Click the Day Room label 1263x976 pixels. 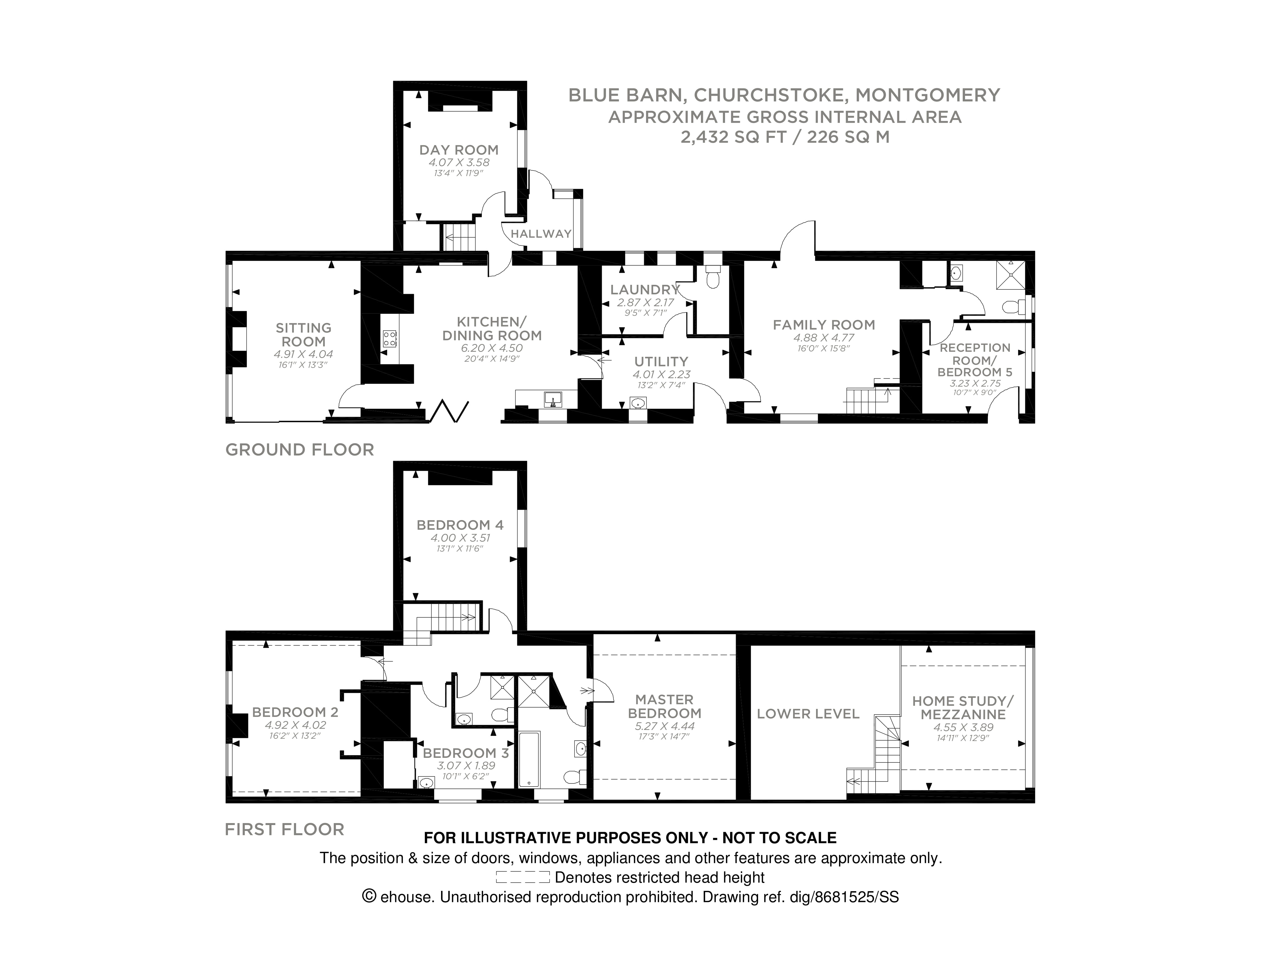tap(459, 150)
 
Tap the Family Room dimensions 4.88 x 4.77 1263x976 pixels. tap(824, 338)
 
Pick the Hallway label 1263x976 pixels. tap(541, 234)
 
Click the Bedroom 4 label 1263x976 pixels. tap(460, 525)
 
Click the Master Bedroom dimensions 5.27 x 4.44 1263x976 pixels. tap(665, 726)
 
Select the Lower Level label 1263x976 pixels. tap(808, 714)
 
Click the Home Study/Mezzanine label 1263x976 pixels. tap(963, 708)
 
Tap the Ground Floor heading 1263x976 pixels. tap(300, 450)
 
